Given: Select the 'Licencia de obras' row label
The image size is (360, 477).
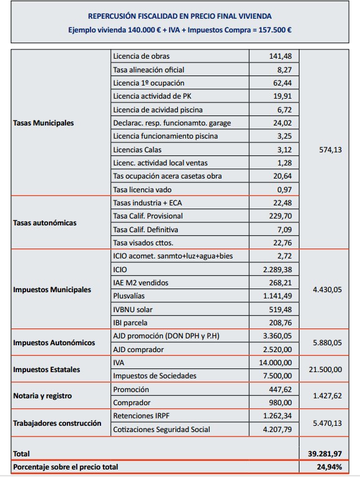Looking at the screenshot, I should [141, 57].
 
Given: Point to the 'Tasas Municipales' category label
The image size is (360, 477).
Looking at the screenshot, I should [43, 123].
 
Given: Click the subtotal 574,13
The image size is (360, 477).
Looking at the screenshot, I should [330, 150].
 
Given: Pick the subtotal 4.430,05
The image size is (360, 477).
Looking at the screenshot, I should [326, 290].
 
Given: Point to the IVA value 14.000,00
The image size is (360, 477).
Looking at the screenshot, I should [274, 362].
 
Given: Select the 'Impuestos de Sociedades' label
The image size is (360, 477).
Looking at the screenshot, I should [155, 375].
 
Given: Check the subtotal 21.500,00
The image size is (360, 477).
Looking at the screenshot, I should [325, 369].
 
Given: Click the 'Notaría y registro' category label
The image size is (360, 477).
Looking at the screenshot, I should [42, 396].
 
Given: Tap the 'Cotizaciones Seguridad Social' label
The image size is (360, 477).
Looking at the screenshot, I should [162, 429].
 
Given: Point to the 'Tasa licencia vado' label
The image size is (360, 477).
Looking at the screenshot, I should [142, 189].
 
